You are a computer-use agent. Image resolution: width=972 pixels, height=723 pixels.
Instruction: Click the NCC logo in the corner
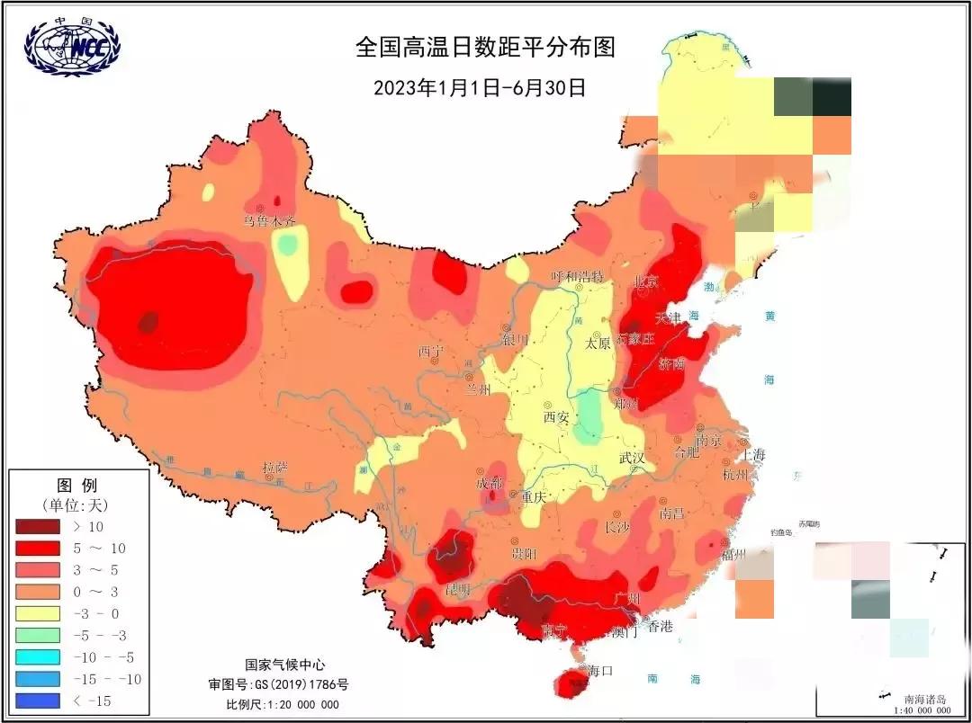click(x=72, y=46)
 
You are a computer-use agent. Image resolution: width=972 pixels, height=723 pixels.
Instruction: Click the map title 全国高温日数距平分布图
click(x=485, y=47)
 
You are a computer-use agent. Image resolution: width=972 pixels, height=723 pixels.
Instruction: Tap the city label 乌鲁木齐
click(x=268, y=220)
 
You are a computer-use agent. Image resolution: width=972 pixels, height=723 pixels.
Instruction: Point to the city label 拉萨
click(x=275, y=468)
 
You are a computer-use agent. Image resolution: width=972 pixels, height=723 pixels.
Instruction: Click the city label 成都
click(x=490, y=483)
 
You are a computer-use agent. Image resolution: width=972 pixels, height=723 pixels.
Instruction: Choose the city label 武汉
click(x=632, y=458)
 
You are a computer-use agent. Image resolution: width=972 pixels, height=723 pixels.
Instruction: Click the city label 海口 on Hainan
click(x=600, y=670)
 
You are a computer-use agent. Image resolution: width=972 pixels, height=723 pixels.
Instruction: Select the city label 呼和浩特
click(x=577, y=275)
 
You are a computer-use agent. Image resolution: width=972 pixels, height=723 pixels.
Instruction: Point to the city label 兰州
click(x=478, y=389)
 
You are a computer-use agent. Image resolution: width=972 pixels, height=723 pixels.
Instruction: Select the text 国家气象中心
click(x=282, y=665)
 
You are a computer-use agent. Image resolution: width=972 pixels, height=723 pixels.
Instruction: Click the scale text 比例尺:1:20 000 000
click(x=283, y=704)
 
